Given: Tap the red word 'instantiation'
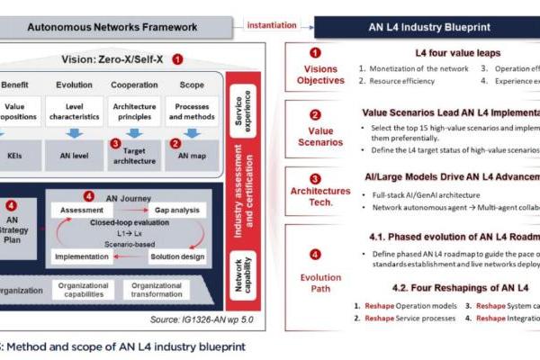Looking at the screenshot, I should pyautogui.click(x=270, y=25).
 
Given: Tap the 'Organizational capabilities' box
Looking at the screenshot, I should pyautogui.click(x=80, y=290).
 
